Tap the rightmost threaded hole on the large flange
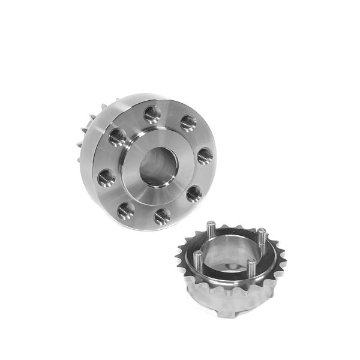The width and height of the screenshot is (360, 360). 204,155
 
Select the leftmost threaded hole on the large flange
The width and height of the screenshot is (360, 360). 106,177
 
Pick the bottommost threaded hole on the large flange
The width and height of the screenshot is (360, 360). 161,216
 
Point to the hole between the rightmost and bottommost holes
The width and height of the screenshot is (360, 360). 193,193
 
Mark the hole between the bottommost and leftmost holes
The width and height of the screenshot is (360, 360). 125,211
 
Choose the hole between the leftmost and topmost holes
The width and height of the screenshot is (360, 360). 117,137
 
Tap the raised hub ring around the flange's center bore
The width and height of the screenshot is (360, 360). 133,180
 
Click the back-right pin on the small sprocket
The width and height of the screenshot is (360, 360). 261,236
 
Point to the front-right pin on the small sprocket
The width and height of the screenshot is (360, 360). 250,269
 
